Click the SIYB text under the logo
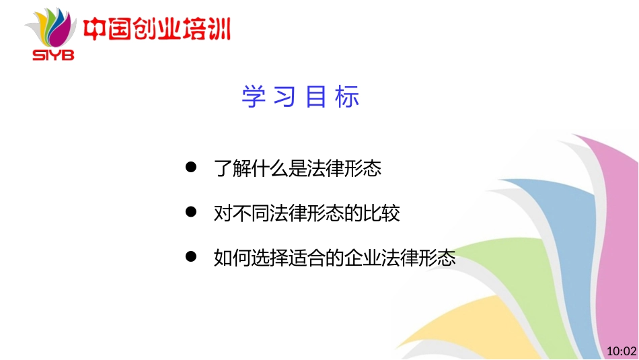point(54,55)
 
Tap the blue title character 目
point(316,97)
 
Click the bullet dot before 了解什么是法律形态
point(191,167)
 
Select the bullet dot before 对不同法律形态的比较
point(191,212)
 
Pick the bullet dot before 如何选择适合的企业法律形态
point(191,256)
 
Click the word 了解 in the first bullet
point(231,168)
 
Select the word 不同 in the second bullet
point(250,213)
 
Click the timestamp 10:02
point(621,351)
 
